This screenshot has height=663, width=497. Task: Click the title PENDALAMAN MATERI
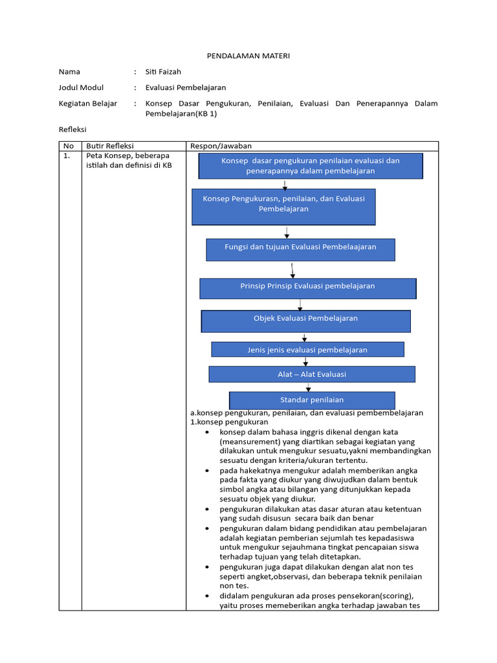[x=248, y=56]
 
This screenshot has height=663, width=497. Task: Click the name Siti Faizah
[x=162, y=72]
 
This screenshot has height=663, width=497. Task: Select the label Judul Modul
[x=81, y=87]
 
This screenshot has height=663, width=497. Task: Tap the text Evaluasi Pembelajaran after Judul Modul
[x=186, y=87]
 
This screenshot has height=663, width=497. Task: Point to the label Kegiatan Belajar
[x=88, y=104]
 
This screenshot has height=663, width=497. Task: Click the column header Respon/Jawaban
[x=221, y=146]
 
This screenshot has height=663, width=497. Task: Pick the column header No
[x=69, y=146]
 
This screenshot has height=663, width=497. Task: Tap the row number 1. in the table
[x=67, y=156]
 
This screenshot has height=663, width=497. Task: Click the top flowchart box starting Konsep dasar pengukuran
[x=310, y=166]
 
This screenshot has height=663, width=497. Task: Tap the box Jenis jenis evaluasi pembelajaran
[x=307, y=350]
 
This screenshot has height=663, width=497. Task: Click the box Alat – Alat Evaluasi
[x=312, y=374]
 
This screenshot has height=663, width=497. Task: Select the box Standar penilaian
[x=312, y=400]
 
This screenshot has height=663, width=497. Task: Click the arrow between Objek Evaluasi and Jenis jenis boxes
[x=305, y=337]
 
